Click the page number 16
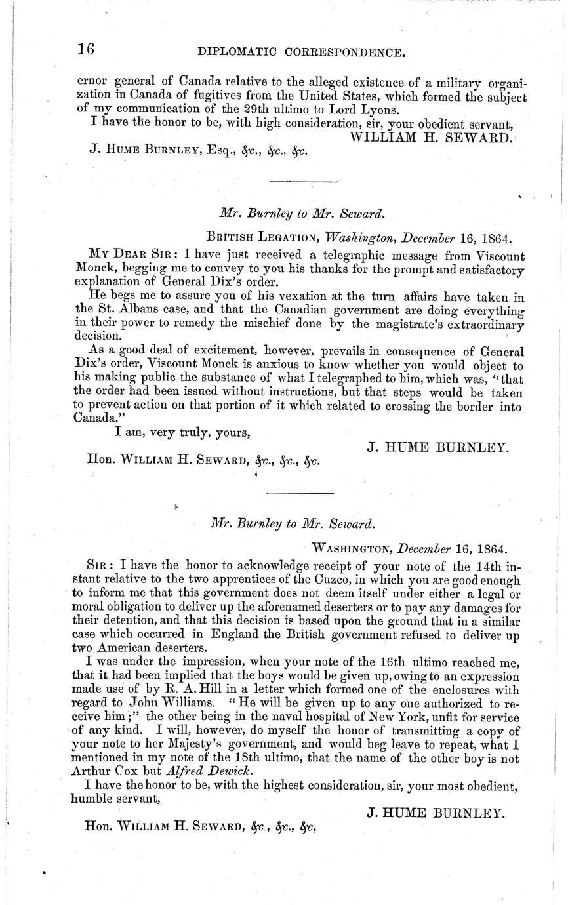86,50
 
